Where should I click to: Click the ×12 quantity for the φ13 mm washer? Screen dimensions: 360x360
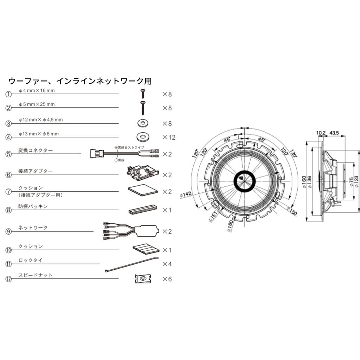[x=168, y=137]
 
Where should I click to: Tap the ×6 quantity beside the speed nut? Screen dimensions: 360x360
[x=167, y=279]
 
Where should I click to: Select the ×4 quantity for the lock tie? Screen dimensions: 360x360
[x=167, y=264]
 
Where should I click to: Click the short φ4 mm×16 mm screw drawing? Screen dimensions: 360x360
[x=143, y=94]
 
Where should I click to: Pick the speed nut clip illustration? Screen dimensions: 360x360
[x=142, y=278]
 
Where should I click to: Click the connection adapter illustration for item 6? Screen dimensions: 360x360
[x=142, y=172]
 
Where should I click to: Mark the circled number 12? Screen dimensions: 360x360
[x=9, y=279]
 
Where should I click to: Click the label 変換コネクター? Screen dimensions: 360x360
[x=36, y=150]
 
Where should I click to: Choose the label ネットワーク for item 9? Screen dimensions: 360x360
[x=33, y=228]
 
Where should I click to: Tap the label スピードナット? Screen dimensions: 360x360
[x=36, y=275]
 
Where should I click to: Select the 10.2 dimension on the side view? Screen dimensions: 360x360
[x=321, y=133]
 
